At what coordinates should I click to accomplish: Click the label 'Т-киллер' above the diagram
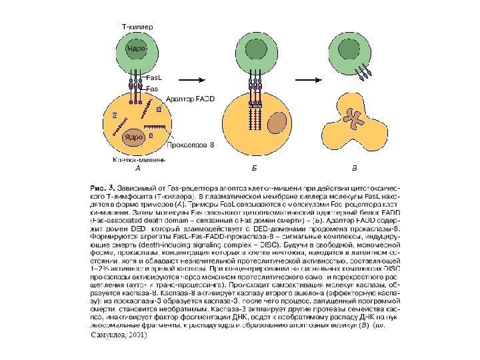(x=137, y=27)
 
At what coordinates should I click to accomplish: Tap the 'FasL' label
(x=153, y=78)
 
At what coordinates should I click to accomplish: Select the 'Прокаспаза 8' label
(x=190, y=144)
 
